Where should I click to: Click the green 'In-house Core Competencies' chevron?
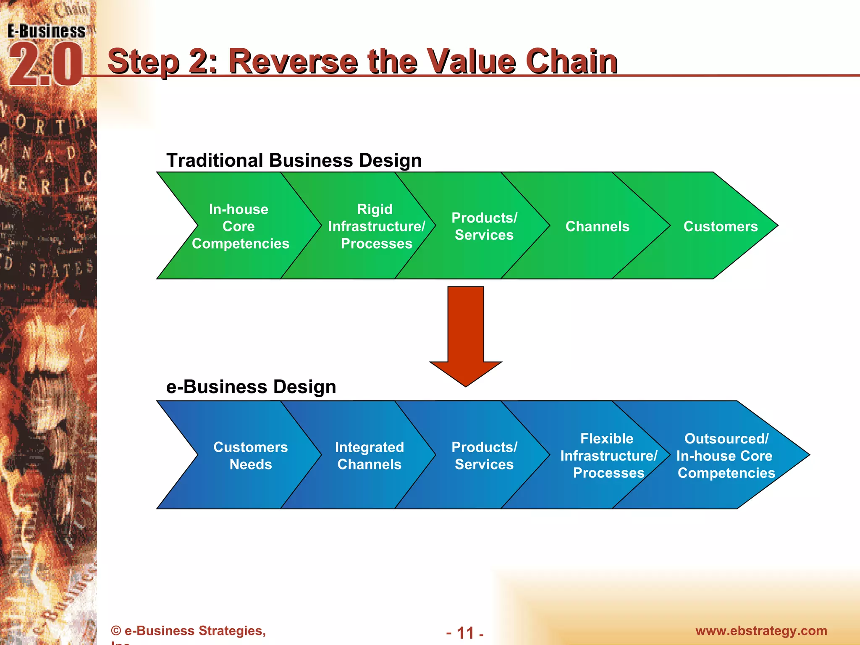tap(240, 226)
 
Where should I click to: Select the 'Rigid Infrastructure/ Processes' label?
tap(376, 226)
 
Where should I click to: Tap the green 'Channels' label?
tap(597, 226)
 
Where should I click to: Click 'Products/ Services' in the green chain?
tap(484, 226)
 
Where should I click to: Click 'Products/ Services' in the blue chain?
tap(484, 456)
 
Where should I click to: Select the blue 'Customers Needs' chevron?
tap(250, 456)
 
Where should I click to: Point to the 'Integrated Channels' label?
tap(369, 456)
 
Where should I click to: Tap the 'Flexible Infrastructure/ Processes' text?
tap(608, 456)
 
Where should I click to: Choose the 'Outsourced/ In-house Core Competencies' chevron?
tap(726, 456)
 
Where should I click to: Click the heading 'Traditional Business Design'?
tap(294, 160)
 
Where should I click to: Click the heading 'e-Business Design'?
tap(251, 387)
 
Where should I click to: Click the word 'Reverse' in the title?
tap(293, 61)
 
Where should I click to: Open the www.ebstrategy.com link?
tap(761, 631)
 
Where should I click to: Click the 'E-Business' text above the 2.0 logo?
tap(46, 31)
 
